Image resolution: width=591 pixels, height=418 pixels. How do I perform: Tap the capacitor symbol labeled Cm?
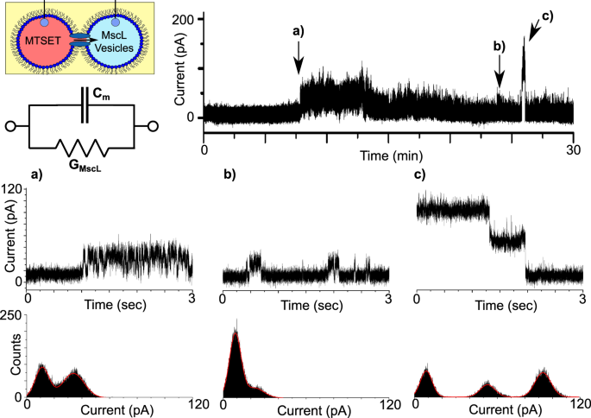click(x=83, y=105)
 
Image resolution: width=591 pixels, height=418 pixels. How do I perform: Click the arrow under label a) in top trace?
click(x=298, y=63)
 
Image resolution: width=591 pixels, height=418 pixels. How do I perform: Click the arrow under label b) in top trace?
click(x=499, y=79)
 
